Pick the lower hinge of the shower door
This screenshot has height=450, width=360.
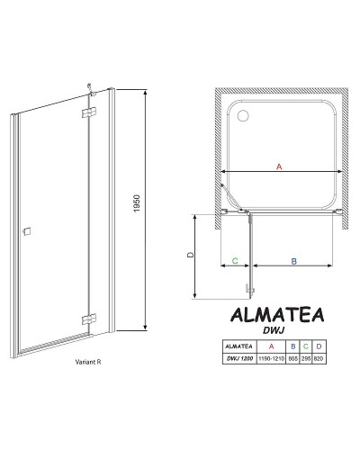tap(87, 318)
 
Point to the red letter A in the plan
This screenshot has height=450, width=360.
tap(278, 166)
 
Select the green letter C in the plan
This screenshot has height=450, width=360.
tap(234, 261)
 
